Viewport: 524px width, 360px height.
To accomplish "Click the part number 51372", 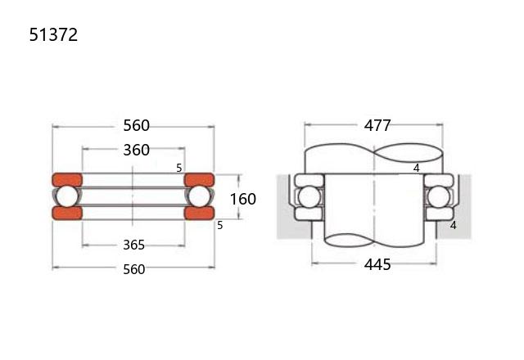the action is [53, 34].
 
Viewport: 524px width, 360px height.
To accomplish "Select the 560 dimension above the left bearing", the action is [137, 125].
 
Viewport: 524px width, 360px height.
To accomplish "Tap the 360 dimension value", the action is [137, 150].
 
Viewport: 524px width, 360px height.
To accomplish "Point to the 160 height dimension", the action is [243, 199].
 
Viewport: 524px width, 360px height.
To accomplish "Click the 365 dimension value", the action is [133, 245].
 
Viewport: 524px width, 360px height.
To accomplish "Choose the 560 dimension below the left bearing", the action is [133, 269].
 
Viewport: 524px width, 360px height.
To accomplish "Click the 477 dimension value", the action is [377, 125].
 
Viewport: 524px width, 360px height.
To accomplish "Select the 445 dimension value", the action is [377, 264].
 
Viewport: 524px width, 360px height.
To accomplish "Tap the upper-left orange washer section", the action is [67, 180].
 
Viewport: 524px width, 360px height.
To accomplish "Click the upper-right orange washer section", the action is [199, 180].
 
